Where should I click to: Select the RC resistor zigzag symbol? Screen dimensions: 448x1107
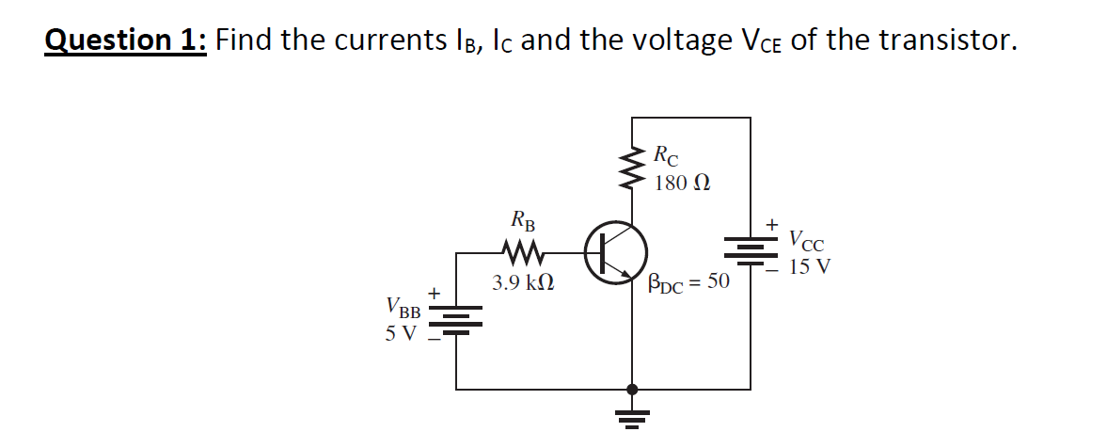coord(631,168)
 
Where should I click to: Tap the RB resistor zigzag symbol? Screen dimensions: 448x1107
coord(520,252)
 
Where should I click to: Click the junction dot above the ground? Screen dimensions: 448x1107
coord(631,389)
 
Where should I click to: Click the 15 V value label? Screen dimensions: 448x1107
coord(810,266)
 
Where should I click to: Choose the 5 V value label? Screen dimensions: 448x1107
coord(401,332)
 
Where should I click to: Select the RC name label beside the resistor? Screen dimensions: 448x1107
coord(665,154)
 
